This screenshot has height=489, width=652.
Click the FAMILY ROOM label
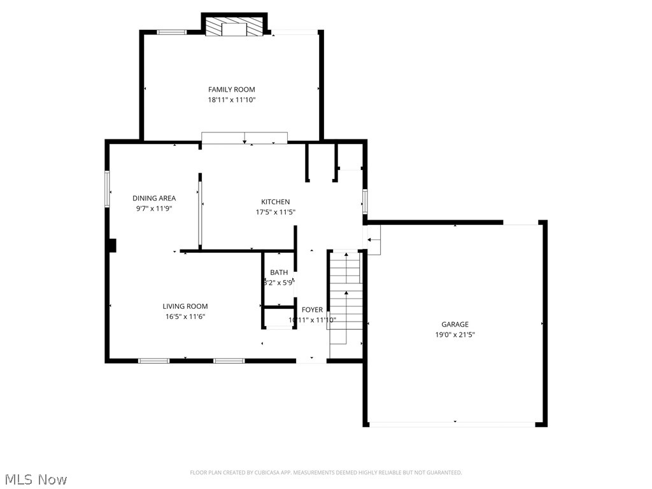pos(231,90)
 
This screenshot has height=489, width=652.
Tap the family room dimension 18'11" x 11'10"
pos(231,100)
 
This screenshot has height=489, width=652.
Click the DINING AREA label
pos(154,198)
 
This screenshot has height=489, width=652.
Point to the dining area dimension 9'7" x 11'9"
pos(154,208)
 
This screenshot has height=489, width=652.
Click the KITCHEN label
pos(275,202)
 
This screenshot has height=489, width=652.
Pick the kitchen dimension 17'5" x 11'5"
pos(275,213)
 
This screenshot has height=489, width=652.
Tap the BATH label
pos(279,273)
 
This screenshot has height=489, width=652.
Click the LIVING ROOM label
pos(185,306)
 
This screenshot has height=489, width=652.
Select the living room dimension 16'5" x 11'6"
pos(185,316)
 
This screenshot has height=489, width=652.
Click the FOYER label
pos(312,309)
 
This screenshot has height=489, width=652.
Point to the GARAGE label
pos(455,324)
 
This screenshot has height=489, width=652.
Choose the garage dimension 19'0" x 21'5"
pos(455,334)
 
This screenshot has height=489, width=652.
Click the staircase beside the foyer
pos(346,299)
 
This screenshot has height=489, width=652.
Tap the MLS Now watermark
pos(35,479)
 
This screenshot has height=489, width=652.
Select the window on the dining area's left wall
pos(107,188)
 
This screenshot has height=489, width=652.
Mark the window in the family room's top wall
pos(171,31)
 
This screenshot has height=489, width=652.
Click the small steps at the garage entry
pos(373,243)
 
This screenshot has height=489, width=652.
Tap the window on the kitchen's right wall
pos(365,201)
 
